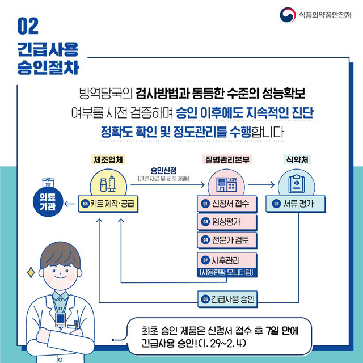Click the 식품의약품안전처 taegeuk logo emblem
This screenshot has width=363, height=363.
(288, 15)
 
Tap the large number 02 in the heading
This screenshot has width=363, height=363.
(28, 26)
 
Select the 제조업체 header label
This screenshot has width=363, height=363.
(108, 159)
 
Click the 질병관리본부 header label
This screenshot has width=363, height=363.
(227, 159)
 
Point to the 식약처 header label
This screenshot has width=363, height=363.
(297, 159)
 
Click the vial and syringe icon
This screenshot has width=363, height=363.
(108, 183)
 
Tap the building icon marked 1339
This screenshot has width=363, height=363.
(226, 184)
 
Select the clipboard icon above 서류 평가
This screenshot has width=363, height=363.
(296, 184)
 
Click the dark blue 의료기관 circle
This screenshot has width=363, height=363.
(48, 202)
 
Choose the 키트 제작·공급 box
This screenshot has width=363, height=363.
(108, 204)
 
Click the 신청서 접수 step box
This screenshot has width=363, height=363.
(227, 204)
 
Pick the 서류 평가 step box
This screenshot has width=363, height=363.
(296, 204)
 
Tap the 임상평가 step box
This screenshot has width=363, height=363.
(227, 222)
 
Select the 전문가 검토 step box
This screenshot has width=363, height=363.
(227, 240)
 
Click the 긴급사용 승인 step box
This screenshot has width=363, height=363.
(228, 299)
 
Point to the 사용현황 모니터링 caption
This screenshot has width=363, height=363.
(227, 272)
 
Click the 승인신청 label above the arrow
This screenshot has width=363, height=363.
(163, 170)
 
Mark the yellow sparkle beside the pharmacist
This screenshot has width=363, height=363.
(31, 272)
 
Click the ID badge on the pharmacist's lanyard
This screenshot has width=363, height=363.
(60, 319)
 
